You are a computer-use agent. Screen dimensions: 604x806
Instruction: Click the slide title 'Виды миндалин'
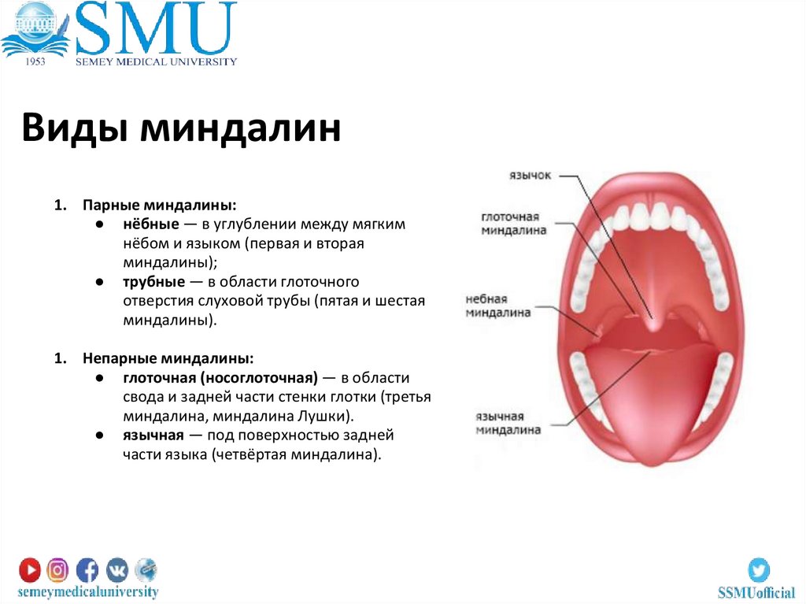[x=181, y=128]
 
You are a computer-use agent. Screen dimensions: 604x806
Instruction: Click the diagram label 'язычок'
[x=530, y=175]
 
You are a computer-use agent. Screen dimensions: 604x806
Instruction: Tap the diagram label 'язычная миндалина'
[x=508, y=423]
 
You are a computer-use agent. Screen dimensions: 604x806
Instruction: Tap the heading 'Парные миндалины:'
[x=159, y=205]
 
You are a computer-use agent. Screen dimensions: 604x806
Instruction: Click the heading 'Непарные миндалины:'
[x=168, y=358]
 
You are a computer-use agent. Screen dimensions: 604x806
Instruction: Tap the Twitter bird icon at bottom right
[x=758, y=569]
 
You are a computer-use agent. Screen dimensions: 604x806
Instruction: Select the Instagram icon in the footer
[x=57, y=569]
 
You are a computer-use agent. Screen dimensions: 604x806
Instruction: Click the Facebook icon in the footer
[x=87, y=569]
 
